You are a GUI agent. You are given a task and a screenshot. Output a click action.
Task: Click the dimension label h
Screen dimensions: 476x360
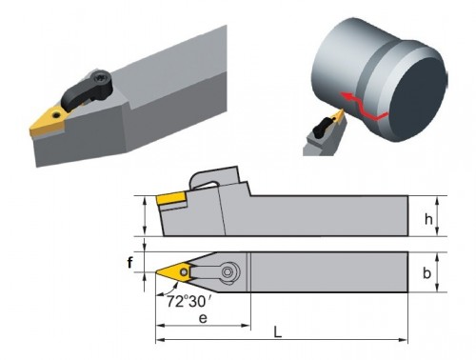[428, 219]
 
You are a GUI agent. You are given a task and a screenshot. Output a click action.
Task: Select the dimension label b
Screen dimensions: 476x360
[427, 272]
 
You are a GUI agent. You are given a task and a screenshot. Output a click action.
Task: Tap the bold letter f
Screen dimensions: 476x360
[129, 263]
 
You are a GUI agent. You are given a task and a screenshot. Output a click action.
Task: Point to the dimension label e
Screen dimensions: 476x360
[203, 318]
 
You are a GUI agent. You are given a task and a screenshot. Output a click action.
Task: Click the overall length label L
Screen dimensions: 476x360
[278, 332]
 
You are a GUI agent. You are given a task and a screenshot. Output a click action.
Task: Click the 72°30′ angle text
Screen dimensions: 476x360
[189, 301]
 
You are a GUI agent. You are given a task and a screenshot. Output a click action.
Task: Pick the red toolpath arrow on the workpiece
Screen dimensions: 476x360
[364, 107]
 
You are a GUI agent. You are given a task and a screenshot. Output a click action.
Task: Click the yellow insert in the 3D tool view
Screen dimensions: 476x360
[47, 121]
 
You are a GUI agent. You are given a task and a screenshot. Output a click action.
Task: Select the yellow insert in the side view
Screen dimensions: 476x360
[170, 200]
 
